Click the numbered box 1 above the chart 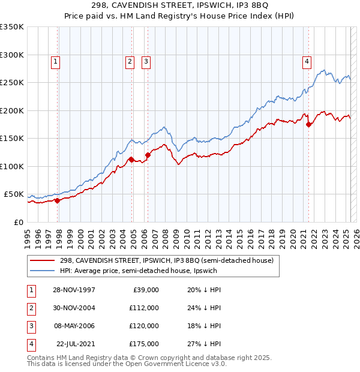[x=55, y=61]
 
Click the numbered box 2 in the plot [x=130, y=61]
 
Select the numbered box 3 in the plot [x=146, y=61]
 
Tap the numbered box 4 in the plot [x=307, y=61]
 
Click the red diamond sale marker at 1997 [x=58, y=201]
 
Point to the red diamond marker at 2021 [x=309, y=125]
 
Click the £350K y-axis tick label [x=12, y=27]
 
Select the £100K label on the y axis [x=12, y=166]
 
